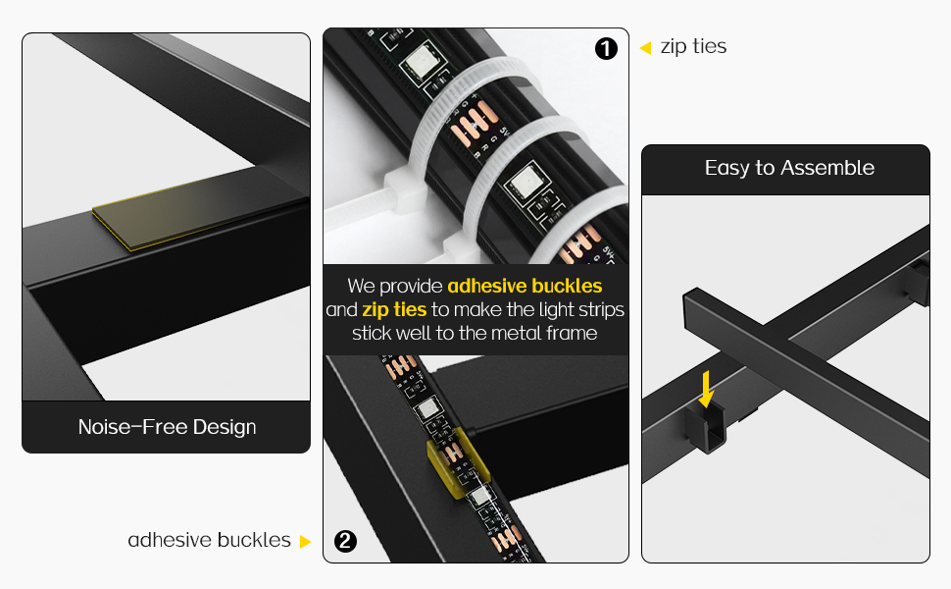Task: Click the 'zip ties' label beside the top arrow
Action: [x=693, y=47]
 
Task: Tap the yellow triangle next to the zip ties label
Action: [x=645, y=47]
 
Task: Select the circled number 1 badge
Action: [x=607, y=48]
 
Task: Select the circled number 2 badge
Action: [x=345, y=541]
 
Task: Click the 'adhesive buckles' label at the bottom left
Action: [x=209, y=541]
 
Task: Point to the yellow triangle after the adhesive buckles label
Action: [x=305, y=542]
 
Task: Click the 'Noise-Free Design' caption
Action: [x=167, y=427]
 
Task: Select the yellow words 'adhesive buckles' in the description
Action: [x=525, y=287]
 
